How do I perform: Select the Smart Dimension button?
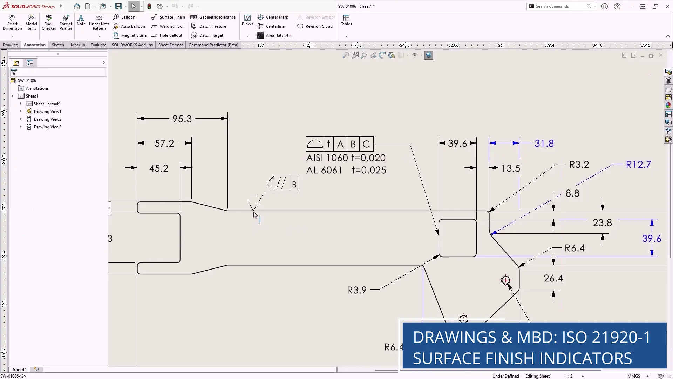(x=12, y=22)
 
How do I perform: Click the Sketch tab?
(x=58, y=45)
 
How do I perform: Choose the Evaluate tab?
(x=98, y=45)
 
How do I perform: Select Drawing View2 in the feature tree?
(x=47, y=119)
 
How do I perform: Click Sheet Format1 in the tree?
(x=47, y=104)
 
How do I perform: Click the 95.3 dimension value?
(x=182, y=119)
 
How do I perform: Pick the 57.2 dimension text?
(x=164, y=144)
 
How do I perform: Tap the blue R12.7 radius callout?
(x=638, y=165)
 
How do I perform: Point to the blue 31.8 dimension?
(x=544, y=144)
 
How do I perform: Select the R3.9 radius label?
(x=356, y=290)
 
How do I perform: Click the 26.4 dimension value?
(x=553, y=279)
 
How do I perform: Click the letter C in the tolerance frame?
(x=366, y=144)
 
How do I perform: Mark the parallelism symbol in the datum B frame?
(x=281, y=184)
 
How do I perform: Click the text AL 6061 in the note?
(x=324, y=171)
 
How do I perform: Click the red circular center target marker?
(x=505, y=280)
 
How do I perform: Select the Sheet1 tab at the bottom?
(x=20, y=370)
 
